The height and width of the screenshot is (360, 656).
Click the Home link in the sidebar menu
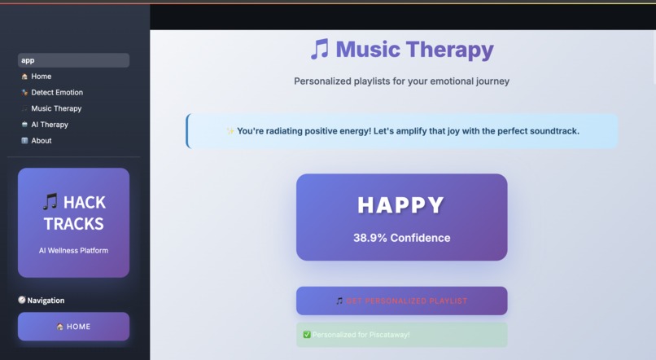[41, 77]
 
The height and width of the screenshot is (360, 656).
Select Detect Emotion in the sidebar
[56, 93]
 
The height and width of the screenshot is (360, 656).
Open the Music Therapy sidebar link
[56, 108]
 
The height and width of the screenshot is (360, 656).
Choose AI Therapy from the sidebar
[49, 125]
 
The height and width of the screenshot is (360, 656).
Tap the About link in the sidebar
[41, 141]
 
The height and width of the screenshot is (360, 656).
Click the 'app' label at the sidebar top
[28, 60]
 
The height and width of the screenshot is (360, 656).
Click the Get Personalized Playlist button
[401, 301]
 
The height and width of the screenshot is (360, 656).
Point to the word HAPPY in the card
[401, 205]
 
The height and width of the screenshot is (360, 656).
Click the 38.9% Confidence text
[401, 238]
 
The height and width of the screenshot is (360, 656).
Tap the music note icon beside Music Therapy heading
[319, 50]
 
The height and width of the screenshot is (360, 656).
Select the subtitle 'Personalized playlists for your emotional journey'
[401, 81]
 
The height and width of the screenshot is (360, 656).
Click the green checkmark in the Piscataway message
[307, 335]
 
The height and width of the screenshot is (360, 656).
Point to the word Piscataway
[390, 335]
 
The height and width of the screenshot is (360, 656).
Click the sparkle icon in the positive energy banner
[230, 131]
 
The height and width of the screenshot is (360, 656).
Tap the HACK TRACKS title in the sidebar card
[73, 213]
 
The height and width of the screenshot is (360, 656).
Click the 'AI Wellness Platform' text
[73, 250]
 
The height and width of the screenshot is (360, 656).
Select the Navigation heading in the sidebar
[46, 301]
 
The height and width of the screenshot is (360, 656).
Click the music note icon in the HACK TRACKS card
[50, 202]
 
